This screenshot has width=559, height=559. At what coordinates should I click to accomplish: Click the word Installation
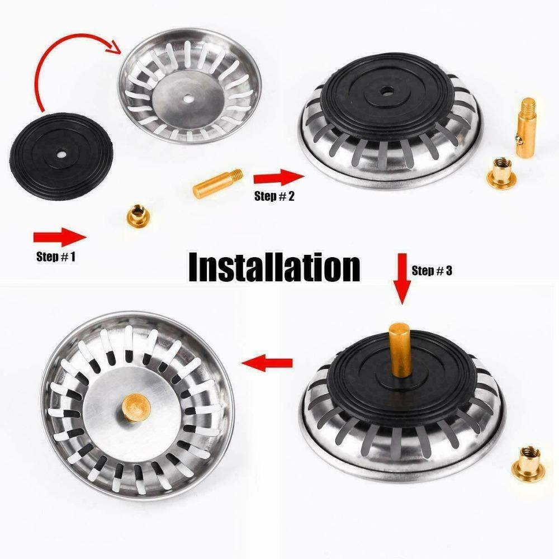click(274, 267)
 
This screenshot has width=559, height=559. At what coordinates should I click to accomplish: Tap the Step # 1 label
click(56, 257)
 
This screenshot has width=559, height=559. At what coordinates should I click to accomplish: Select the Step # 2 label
click(274, 196)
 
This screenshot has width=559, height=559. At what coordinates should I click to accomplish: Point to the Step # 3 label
click(432, 271)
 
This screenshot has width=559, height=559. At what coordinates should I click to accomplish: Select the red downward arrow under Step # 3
click(402, 279)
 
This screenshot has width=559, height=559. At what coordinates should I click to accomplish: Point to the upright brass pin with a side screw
click(527, 127)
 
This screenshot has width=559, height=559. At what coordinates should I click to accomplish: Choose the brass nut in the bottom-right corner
click(527, 462)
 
